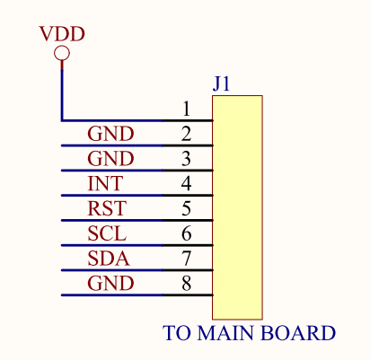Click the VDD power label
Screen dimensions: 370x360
tap(62, 34)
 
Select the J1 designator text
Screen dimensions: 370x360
tap(221, 83)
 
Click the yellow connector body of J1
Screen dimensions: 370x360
tap(237, 207)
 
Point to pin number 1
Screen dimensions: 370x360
tap(186, 109)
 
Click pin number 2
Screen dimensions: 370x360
tap(186, 134)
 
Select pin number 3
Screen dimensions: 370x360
tap(186, 159)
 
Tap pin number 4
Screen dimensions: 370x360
tap(186, 183)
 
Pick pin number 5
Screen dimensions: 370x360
tap(186, 208)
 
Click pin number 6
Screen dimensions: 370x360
tap(186, 233)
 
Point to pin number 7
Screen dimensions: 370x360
tap(186, 259)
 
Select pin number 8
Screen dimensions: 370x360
tap(186, 283)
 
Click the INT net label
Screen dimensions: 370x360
tap(105, 183)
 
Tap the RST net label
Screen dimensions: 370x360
tap(107, 208)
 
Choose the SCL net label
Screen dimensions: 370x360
tap(107, 233)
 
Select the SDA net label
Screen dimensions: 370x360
tap(109, 259)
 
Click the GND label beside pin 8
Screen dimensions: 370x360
tap(110, 284)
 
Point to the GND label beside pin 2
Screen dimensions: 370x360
tap(110, 134)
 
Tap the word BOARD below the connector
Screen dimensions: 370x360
tap(298, 333)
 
